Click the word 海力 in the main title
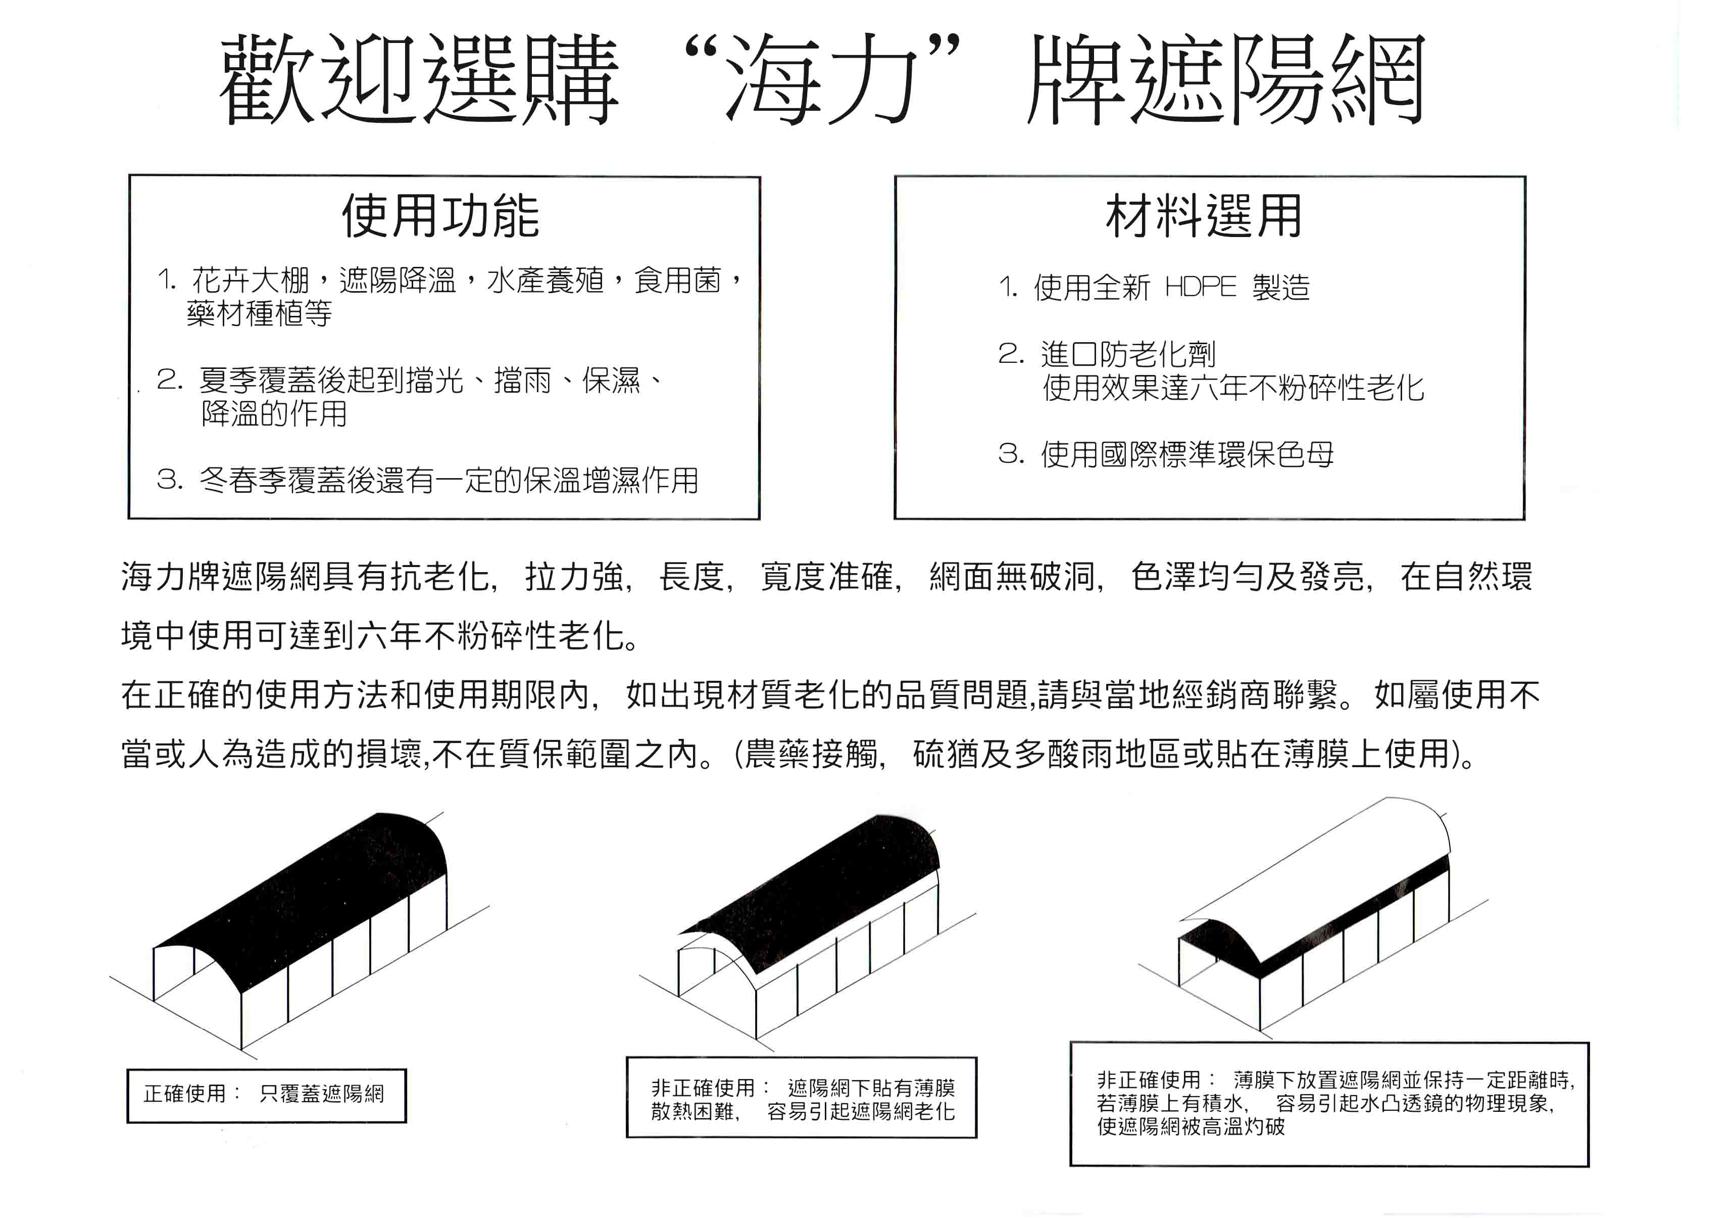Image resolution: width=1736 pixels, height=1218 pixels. pos(820,79)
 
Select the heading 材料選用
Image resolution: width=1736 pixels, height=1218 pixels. pos(1204,216)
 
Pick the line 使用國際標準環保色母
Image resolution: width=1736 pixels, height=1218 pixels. pos(1187,454)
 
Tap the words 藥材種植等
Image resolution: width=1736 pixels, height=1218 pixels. pos(259,313)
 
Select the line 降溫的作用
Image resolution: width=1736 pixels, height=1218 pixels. pos(274,413)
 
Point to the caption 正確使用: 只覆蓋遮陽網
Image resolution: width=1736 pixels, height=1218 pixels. pos(265,1094)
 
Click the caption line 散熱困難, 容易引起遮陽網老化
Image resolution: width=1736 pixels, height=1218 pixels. pos(802,1111)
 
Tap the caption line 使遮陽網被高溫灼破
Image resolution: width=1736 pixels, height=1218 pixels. pos(1191,1127)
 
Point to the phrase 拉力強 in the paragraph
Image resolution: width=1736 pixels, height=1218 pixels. pos(575,577)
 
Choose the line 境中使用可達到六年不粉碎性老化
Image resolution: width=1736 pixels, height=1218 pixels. pos(378,635)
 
